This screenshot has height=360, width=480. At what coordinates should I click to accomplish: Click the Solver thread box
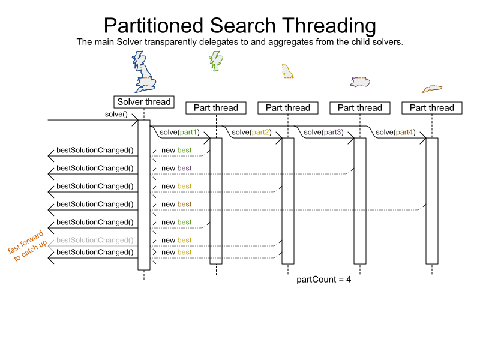[143, 102]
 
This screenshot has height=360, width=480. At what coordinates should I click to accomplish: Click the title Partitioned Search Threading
[240, 26]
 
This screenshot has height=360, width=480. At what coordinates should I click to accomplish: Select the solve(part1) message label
[179, 132]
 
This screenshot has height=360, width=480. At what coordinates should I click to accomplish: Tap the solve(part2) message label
[251, 132]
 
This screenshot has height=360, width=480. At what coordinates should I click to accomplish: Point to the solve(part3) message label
[323, 132]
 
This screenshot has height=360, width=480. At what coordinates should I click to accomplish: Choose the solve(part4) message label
[395, 132]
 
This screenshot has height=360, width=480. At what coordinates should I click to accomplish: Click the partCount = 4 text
[323, 280]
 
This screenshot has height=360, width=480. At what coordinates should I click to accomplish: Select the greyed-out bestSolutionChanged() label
[95, 240]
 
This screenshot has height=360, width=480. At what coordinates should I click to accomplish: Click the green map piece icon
[215, 61]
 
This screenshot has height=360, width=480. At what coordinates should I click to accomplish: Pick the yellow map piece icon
[287, 72]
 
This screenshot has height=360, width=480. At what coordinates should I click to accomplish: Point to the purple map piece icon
[360, 82]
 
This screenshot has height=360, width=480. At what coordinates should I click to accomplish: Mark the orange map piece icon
[431, 89]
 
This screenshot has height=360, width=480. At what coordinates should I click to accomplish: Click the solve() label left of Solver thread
[116, 114]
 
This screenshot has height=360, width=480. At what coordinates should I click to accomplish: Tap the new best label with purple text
[176, 168]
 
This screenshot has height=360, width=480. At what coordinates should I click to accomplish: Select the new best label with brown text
[176, 204]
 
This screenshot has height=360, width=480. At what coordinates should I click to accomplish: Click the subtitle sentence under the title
[240, 43]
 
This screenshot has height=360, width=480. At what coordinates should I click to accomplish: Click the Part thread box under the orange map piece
[431, 108]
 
